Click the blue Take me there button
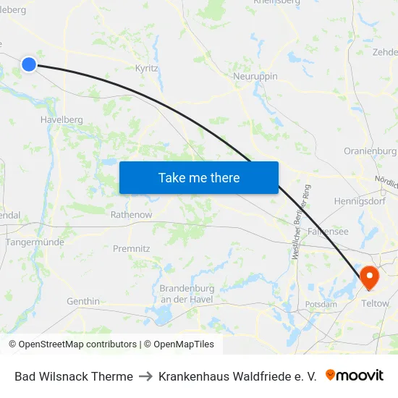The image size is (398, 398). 199,177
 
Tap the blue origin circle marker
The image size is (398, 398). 29,64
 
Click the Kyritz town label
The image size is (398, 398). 147,68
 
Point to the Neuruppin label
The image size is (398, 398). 255,76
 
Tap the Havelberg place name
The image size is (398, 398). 63,120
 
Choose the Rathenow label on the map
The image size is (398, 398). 131,215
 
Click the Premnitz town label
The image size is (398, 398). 132,248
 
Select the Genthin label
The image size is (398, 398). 83,301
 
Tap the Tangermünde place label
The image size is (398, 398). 35,242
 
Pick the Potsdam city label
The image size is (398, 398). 321,305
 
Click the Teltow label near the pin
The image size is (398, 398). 375,303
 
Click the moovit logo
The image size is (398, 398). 355,376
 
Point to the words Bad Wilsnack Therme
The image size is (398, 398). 74,376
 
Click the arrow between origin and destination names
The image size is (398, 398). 145,376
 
